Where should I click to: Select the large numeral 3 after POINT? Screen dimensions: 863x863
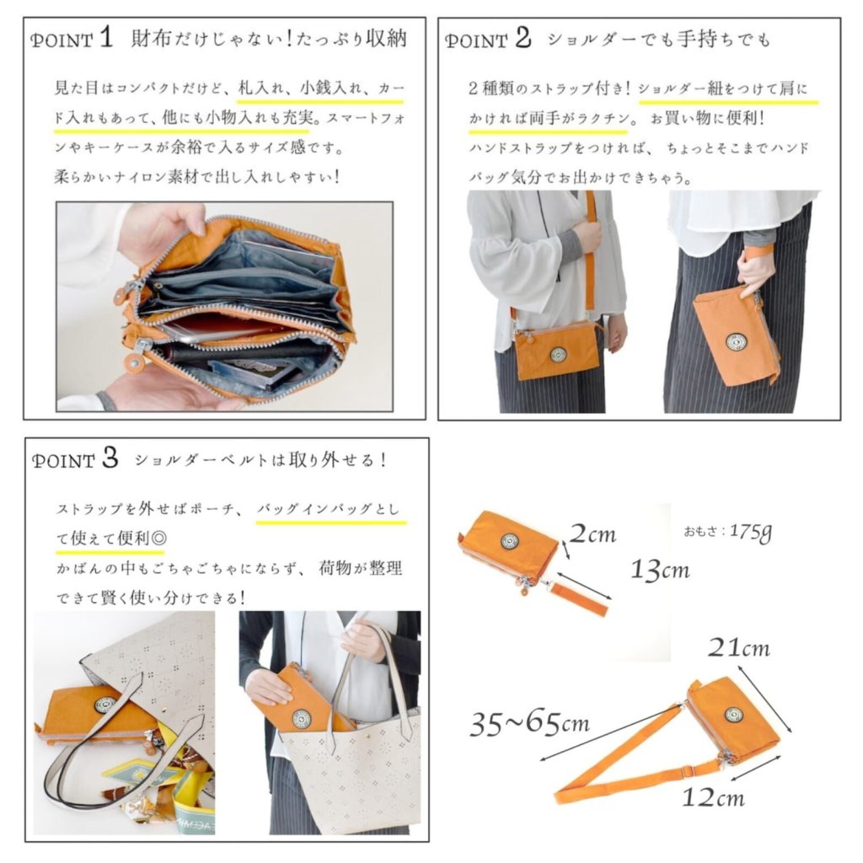pyautogui.click(x=110, y=458)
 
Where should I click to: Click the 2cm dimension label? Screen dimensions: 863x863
pyautogui.click(x=592, y=533)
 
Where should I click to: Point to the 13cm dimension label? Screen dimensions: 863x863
pyautogui.click(x=660, y=569)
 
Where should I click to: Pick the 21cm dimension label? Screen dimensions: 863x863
pyautogui.click(x=738, y=647)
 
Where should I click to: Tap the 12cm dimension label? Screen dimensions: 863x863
pyautogui.click(x=713, y=796)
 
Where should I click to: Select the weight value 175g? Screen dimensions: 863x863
pyautogui.click(x=751, y=532)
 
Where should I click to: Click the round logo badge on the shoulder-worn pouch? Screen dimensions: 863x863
pyautogui.click(x=558, y=355)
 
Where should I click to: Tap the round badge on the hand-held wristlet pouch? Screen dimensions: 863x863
pyautogui.click(x=735, y=342)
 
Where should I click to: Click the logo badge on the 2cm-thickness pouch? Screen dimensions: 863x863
pyautogui.click(x=510, y=542)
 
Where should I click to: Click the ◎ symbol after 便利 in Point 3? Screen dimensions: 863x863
pyautogui.click(x=158, y=537)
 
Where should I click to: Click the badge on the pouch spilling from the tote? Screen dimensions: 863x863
pyautogui.click(x=105, y=704)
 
